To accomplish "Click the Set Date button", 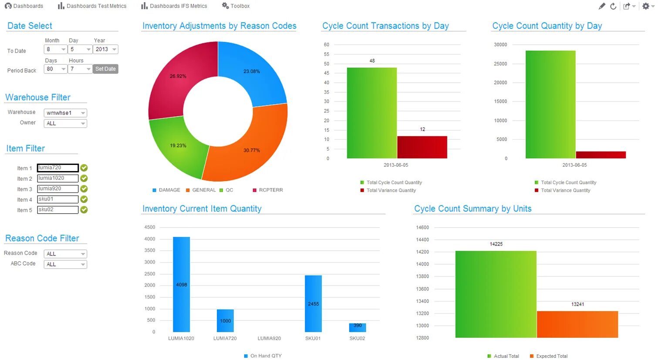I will (105, 69).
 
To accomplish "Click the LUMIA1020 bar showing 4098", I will (181, 284).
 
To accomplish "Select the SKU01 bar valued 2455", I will (313, 303).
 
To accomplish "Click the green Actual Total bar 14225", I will (496, 294).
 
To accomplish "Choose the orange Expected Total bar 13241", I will (577, 324).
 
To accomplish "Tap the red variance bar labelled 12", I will (422, 147).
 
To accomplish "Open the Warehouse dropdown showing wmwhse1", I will (65, 113).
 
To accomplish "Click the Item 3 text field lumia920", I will (57, 189).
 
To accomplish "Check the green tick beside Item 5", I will (84, 210).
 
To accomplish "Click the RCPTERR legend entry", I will (270, 190).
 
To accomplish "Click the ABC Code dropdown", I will (65, 264).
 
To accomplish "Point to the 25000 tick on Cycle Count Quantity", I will (500, 64).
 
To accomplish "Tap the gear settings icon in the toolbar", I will (646, 6).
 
